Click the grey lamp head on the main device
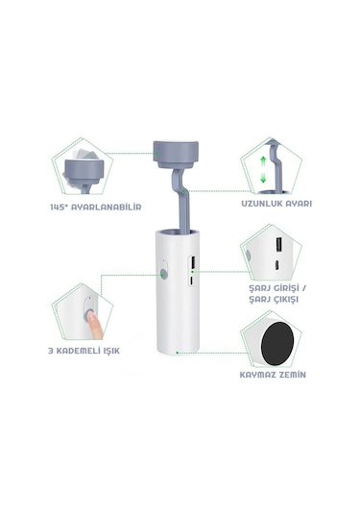(x=176, y=155)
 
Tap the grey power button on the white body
(x=164, y=274)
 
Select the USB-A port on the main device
(x=193, y=262)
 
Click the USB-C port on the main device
(x=192, y=281)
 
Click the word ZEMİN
(x=289, y=375)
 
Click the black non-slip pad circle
(x=277, y=344)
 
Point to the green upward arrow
(x=263, y=162)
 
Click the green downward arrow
(x=263, y=178)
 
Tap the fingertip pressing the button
(x=92, y=317)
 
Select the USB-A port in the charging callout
(x=278, y=245)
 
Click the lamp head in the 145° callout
(x=84, y=170)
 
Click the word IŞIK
(x=111, y=351)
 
